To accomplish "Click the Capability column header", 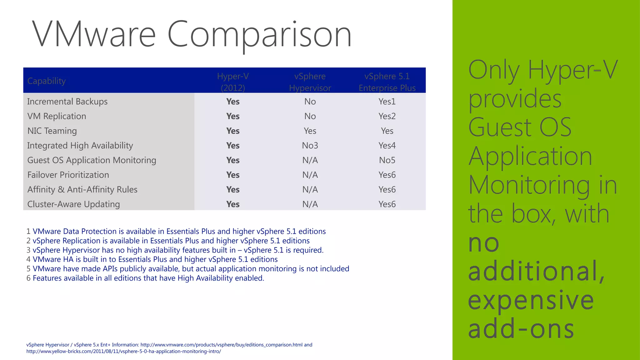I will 47,81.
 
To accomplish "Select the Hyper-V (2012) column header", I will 233,82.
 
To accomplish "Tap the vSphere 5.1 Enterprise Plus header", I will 387,82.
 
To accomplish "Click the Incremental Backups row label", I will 67,102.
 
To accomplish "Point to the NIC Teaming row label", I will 52,131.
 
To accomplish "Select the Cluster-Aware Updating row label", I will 73,204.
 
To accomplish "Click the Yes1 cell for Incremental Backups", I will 387,102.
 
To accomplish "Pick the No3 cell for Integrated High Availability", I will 310,146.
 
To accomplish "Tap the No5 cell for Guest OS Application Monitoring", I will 387,160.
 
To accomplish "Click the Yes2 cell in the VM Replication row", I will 387,116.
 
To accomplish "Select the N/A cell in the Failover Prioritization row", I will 310,175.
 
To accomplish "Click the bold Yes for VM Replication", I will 233,116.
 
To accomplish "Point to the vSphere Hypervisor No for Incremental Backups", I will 310,102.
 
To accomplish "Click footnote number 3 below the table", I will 28,250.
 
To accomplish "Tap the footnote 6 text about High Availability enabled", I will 148,278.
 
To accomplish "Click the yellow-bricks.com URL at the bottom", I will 123,352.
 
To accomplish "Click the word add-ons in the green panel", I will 521,329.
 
